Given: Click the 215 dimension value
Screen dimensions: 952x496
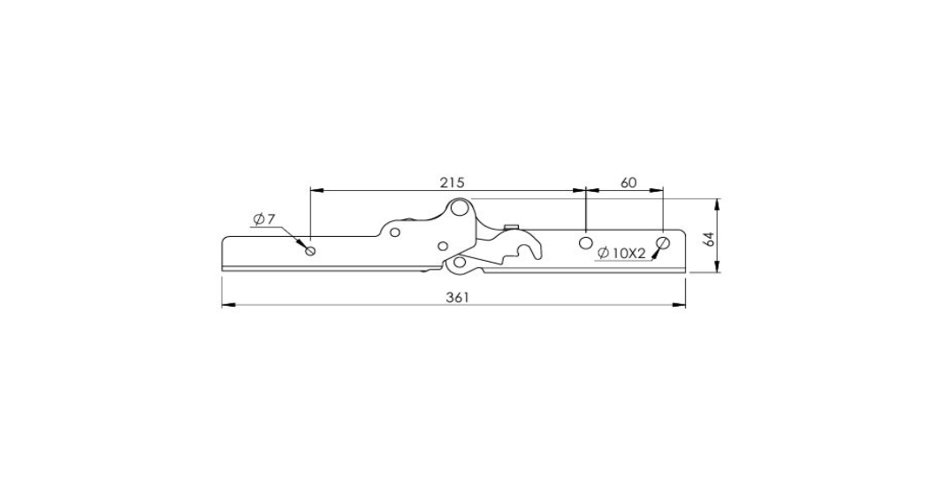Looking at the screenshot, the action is tap(452, 182).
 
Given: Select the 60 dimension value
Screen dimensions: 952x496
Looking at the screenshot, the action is tap(628, 182).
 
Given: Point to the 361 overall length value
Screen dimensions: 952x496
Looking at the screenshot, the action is tap(458, 297).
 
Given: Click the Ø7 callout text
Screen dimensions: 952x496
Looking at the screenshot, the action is tap(264, 219).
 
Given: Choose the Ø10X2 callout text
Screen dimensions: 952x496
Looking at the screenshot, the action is tap(621, 254).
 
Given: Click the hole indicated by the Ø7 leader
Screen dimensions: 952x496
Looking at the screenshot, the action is tap(311, 250).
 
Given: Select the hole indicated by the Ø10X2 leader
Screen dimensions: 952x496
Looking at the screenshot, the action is tap(662, 243).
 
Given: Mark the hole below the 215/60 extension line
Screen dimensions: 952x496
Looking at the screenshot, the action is tap(585, 243).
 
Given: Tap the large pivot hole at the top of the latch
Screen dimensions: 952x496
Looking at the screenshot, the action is tap(460, 209).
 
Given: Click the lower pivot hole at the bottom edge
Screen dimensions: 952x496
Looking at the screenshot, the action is tap(460, 263).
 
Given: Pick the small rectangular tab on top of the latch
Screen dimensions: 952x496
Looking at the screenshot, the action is tap(511, 227).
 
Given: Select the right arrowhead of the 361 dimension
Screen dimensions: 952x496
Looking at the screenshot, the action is tap(679, 304).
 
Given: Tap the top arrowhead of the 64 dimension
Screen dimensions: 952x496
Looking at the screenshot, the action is tap(718, 205).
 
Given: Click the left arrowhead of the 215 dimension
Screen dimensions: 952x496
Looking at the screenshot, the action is tap(317, 190).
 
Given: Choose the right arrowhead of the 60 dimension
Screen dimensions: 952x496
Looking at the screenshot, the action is tap(656, 190).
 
